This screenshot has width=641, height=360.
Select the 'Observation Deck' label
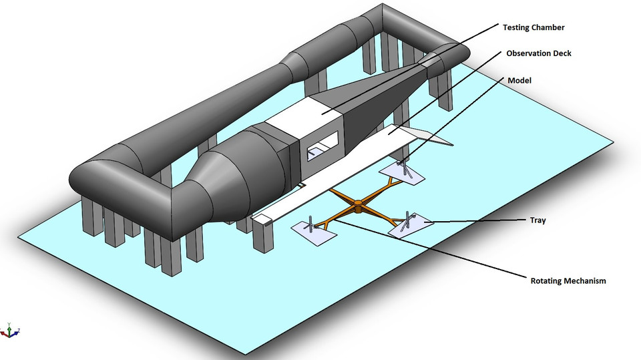538,53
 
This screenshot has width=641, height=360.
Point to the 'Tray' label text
538,220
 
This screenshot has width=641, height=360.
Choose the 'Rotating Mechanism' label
568,281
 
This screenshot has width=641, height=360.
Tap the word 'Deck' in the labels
561,53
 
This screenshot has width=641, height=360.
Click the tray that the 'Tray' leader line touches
409,225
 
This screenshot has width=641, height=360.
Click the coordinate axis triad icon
10,329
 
